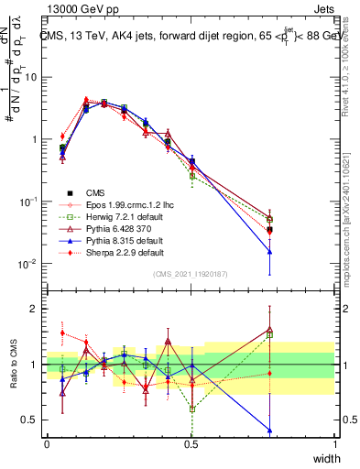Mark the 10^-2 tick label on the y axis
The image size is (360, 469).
pyautogui.click(x=28, y=264)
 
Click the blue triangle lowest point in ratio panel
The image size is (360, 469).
pyautogui.click(x=269, y=430)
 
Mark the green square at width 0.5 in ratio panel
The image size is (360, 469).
pyautogui.click(x=191, y=409)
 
